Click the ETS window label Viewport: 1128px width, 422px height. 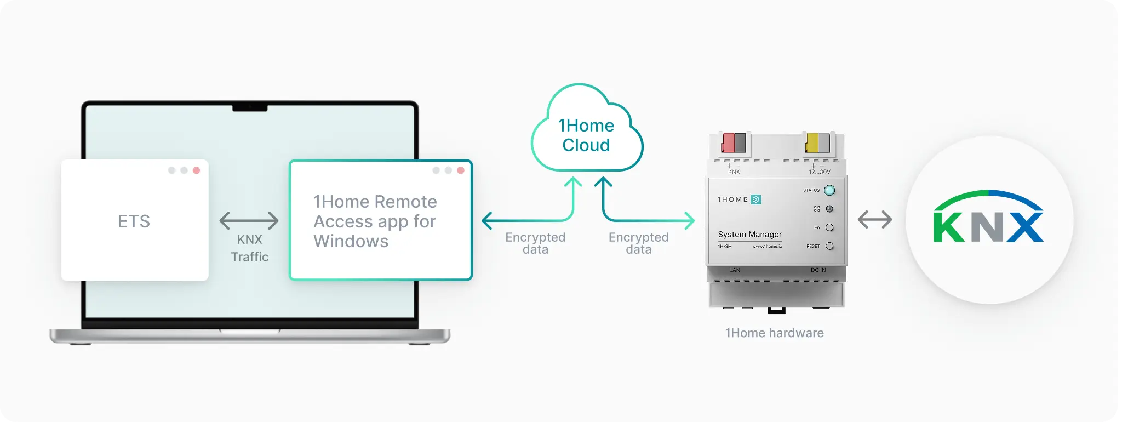(x=134, y=221)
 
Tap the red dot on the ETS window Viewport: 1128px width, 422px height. (x=196, y=170)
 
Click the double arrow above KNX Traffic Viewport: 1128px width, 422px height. (x=249, y=221)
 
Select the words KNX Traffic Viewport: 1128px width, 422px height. (x=250, y=248)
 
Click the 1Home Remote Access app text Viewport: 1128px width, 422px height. (x=375, y=221)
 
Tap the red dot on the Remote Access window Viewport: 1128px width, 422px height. (x=461, y=170)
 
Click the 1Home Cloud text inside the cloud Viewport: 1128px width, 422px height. (x=586, y=135)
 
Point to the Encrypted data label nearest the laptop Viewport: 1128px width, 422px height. (x=535, y=243)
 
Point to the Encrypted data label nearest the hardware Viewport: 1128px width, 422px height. (x=639, y=243)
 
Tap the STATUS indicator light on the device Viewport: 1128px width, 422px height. (x=829, y=190)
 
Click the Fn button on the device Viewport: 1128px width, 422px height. (x=829, y=227)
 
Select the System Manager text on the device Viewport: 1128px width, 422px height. (x=749, y=235)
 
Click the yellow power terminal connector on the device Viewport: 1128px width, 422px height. (x=812, y=144)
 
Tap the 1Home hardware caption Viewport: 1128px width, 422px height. (x=774, y=333)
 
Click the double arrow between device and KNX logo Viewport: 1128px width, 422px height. (x=875, y=220)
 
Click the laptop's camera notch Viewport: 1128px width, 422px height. (x=250, y=108)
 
